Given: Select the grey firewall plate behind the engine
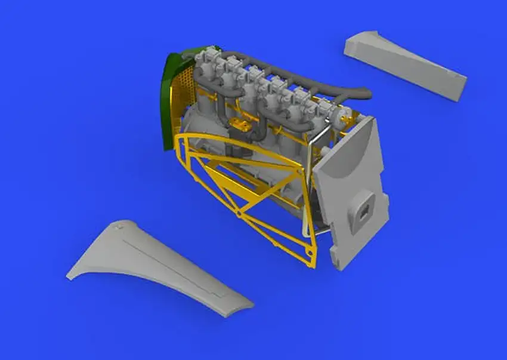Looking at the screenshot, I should pyautogui.click(x=352, y=191).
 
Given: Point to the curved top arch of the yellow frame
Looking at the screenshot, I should pyautogui.click(x=239, y=143).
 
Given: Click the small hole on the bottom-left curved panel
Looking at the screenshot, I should pyautogui.click(x=118, y=229).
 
